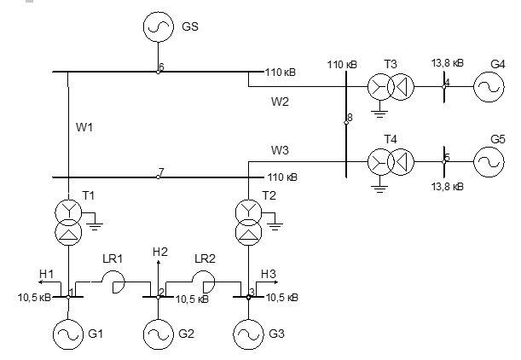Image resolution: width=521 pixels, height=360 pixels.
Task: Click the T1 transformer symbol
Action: point(68,223)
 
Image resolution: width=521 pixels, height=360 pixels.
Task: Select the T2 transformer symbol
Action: point(248,223)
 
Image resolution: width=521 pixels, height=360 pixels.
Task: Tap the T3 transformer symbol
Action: point(391,87)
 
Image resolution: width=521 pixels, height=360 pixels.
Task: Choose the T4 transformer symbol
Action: point(391,162)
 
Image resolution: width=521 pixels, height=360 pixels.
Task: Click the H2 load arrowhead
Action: point(158,263)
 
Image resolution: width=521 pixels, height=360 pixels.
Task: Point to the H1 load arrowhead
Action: point(40,282)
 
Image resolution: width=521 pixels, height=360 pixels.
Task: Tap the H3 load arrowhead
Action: point(275,282)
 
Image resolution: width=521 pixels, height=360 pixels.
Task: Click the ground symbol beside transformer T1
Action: point(95,227)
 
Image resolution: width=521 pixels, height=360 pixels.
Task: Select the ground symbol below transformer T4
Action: point(379,189)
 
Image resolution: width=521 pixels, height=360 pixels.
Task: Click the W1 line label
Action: point(84,127)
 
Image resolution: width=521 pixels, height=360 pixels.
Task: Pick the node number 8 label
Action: point(350,118)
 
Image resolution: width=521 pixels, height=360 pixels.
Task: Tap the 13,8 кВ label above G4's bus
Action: point(447,63)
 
